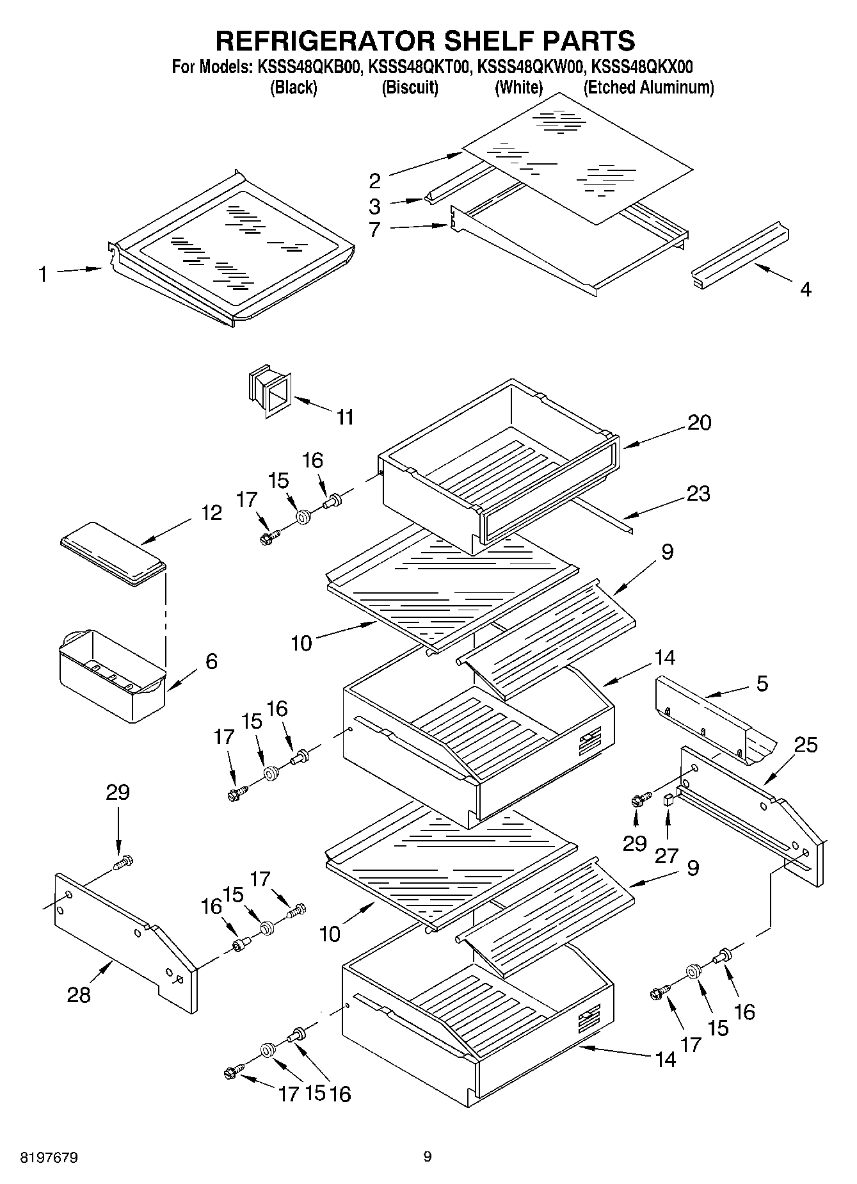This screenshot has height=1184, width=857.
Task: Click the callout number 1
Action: pyautogui.click(x=42, y=275)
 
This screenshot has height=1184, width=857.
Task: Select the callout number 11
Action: pyautogui.click(x=345, y=418)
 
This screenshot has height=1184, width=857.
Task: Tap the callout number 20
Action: pyautogui.click(x=699, y=423)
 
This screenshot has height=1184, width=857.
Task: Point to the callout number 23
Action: pyautogui.click(x=698, y=494)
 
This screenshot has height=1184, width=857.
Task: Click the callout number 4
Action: pyautogui.click(x=805, y=289)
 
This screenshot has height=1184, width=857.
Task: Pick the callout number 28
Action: pyautogui.click(x=79, y=994)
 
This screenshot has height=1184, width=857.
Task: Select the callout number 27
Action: pyautogui.click(x=666, y=856)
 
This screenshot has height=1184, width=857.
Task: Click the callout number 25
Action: pyautogui.click(x=805, y=745)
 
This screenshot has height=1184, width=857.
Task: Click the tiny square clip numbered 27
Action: pyautogui.click(x=668, y=799)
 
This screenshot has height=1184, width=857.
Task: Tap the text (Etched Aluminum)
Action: pyautogui.click(x=648, y=88)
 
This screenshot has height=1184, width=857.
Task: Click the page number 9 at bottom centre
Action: pyautogui.click(x=428, y=1156)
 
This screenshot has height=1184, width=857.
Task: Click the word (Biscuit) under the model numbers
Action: pyautogui.click(x=410, y=88)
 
